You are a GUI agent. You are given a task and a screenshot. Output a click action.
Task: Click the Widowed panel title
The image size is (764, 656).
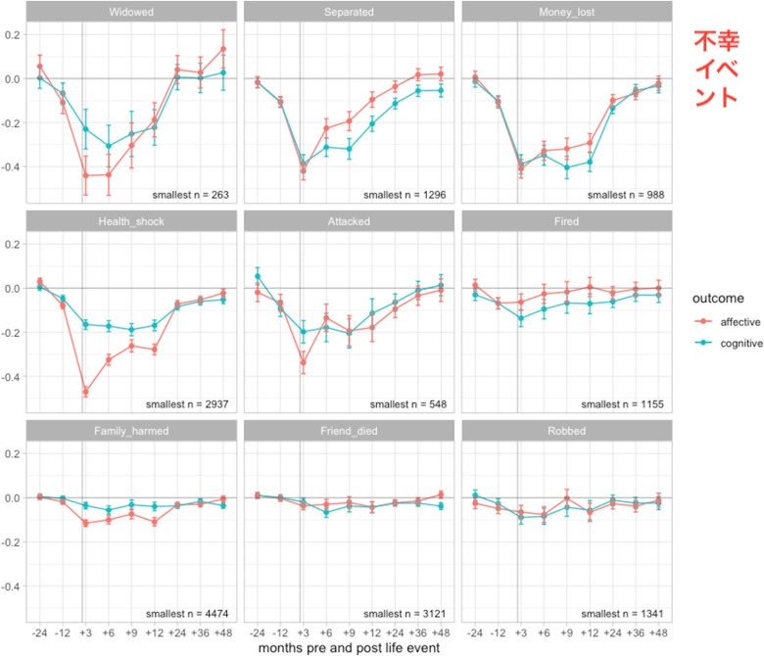[x=131, y=12]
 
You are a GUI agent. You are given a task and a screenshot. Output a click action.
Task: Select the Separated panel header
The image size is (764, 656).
[x=349, y=12]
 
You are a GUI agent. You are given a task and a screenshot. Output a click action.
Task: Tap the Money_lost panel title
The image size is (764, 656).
[x=567, y=12]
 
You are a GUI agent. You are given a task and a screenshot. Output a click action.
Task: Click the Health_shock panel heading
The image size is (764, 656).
[x=131, y=221]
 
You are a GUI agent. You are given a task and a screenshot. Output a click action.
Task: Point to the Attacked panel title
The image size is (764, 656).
[x=349, y=221]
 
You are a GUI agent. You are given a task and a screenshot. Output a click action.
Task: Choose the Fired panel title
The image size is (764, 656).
[x=567, y=221]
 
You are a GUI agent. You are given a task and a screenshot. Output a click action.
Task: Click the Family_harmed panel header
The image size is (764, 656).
[x=131, y=431]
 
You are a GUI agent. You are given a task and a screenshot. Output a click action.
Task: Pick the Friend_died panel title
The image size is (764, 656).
[x=349, y=431]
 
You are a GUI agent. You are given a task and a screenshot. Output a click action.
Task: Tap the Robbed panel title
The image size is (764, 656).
[x=567, y=431]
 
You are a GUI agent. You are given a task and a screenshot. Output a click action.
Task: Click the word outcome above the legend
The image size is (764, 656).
[x=718, y=298]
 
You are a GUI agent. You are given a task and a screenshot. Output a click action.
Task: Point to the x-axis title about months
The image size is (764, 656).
[x=349, y=648]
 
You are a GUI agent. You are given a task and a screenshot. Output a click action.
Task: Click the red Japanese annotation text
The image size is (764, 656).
[x=716, y=69]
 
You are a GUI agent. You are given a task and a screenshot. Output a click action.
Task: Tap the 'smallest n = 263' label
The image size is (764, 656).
[x=191, y=195]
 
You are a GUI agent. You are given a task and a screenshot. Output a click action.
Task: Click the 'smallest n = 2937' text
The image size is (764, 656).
[x=187, y=404]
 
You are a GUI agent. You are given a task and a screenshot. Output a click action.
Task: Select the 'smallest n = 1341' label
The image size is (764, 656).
[x=622, y=614]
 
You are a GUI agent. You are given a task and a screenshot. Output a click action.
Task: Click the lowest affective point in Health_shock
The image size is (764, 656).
[x=86, y=391]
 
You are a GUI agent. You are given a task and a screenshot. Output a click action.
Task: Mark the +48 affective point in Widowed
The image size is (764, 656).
[x=223, y=49]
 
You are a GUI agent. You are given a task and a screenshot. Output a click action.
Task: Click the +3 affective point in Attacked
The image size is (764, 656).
[x=303, y=362]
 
